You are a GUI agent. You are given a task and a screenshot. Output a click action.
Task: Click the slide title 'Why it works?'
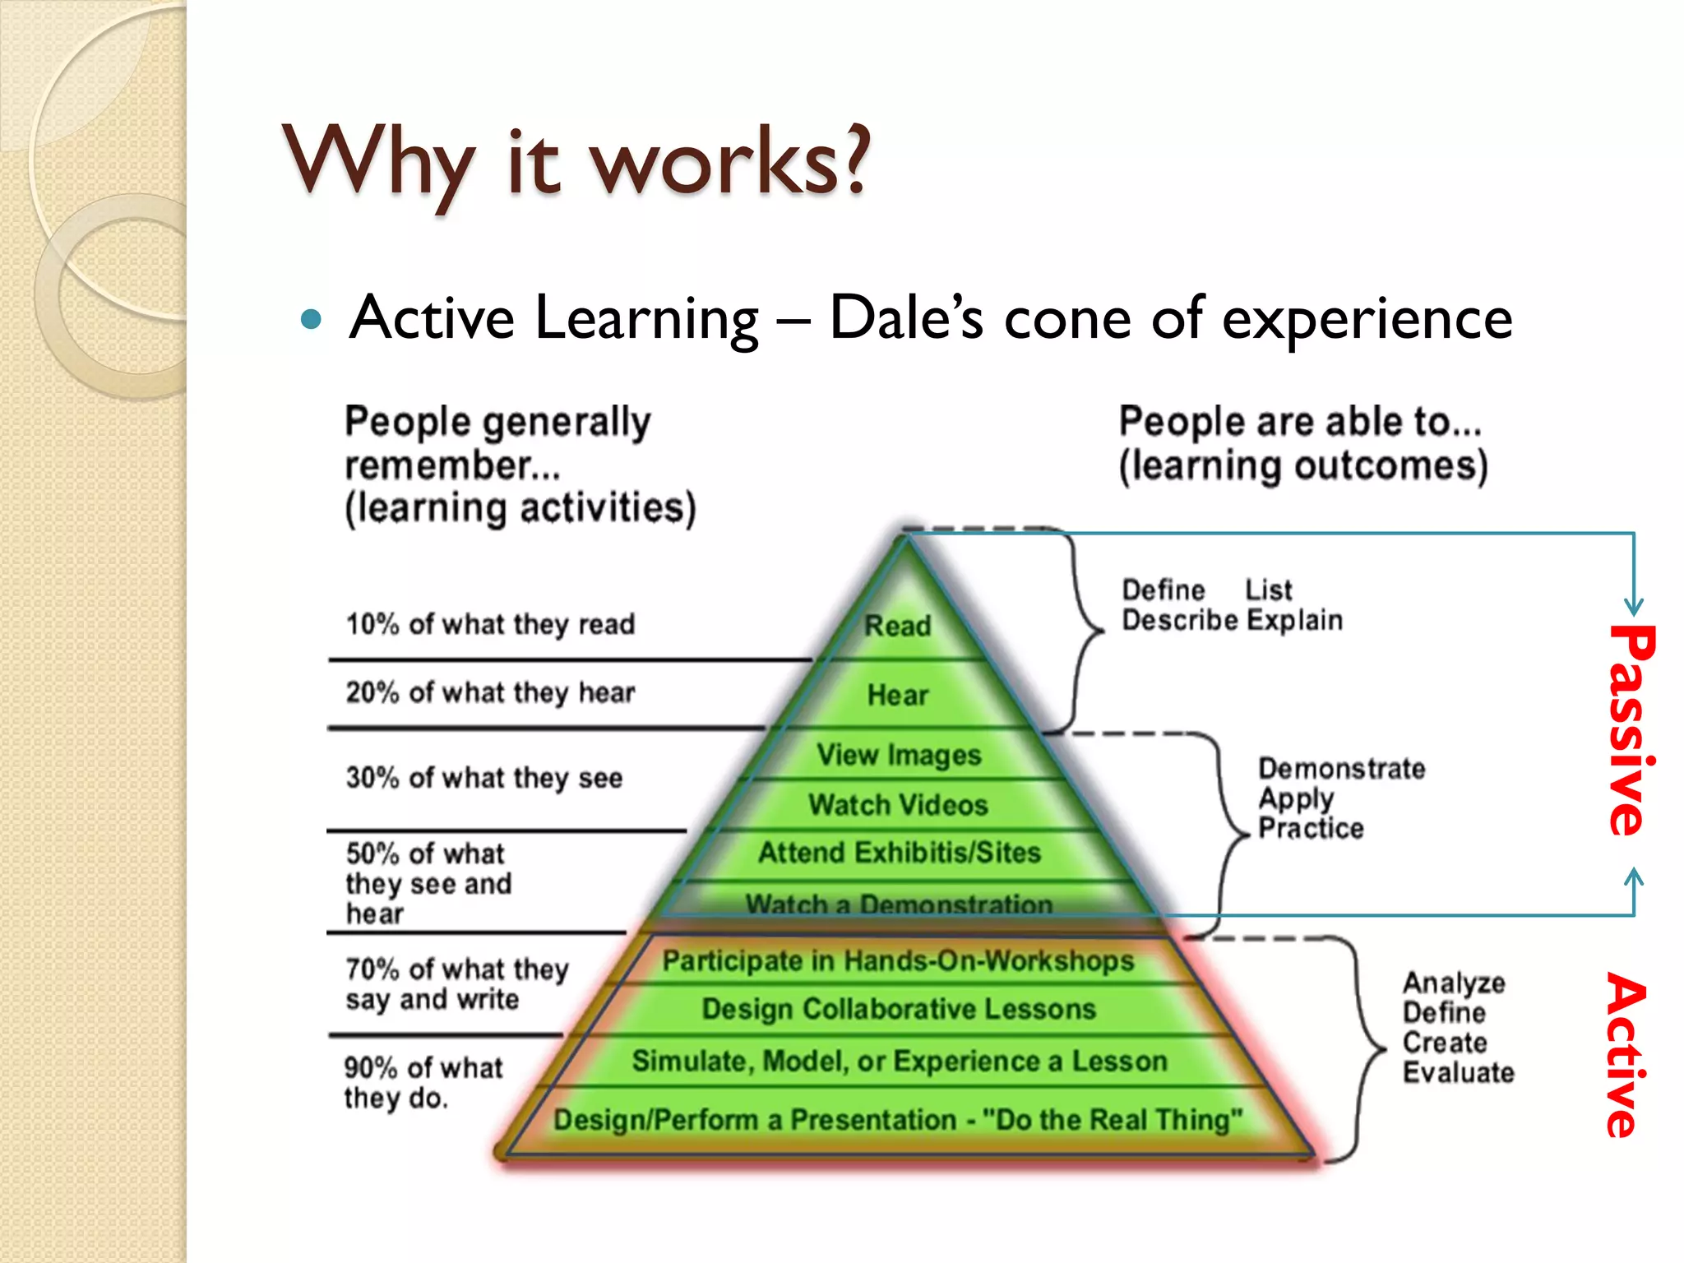point(576,160)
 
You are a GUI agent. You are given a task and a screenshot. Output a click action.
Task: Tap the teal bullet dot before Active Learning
point(311,319)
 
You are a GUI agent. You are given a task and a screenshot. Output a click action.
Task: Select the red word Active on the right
point(1626,1055)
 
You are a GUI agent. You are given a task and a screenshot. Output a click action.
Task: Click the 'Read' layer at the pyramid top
point(898,626)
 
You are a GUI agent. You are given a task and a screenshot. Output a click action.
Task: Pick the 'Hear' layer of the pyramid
point(898,696)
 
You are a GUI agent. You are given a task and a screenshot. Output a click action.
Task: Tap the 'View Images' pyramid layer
point(899,755)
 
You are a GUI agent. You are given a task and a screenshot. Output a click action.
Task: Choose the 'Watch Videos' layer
point(898,805)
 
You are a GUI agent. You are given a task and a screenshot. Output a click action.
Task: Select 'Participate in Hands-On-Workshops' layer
point(898,961)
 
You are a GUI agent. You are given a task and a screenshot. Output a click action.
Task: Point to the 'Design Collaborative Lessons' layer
point(899,1009)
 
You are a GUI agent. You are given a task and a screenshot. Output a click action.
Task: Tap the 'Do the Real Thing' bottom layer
point(898,1120)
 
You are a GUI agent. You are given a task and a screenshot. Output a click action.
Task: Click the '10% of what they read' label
point(490,624)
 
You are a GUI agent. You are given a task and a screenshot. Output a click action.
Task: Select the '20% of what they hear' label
point(490,692)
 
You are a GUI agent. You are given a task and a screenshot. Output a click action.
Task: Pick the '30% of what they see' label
point(483,778)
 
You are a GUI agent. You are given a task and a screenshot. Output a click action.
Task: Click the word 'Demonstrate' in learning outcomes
point(1342,769)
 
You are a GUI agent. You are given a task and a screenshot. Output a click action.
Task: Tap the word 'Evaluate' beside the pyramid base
point(1458,1072)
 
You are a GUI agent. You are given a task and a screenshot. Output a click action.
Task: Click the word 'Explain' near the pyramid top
point(1294,620)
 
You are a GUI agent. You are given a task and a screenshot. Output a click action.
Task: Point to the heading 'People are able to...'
point(1300,422)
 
